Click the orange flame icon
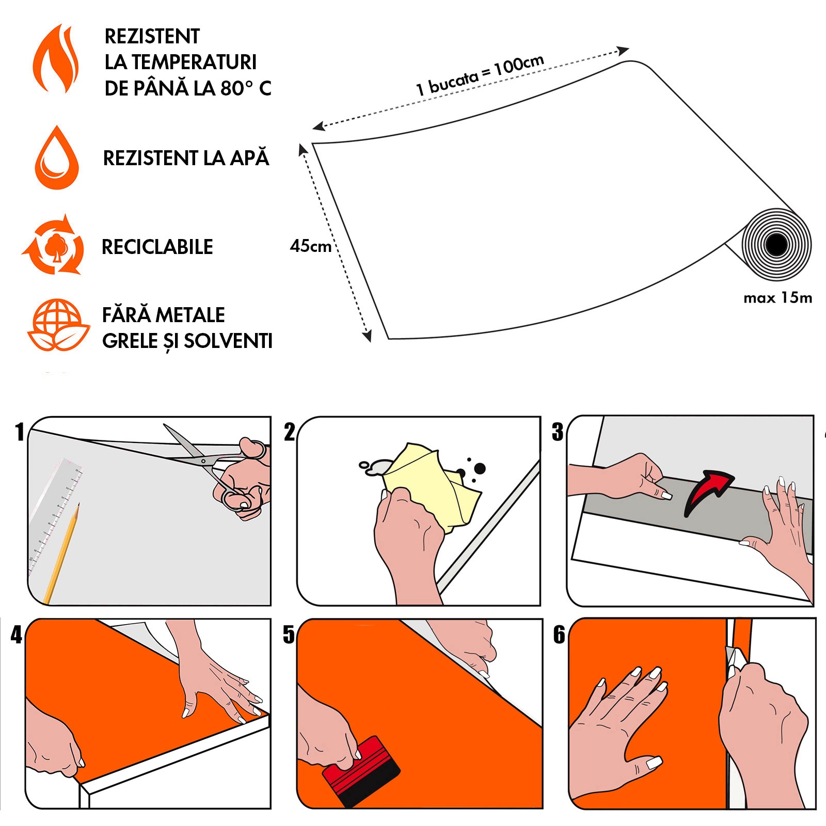[x=55, y=59]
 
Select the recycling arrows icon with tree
[x=53, y=246]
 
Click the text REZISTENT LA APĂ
[x=186, y=158]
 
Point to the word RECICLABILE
[x=157, y=247]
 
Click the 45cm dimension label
[x=310, y=246]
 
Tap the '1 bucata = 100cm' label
[x=480, y=75]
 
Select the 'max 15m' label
[x=777, y=298]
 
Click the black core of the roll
[x=776, y=245]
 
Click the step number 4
[x=17, y=634]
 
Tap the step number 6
[x=559, y=634]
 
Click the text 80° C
[x=246, y=88]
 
